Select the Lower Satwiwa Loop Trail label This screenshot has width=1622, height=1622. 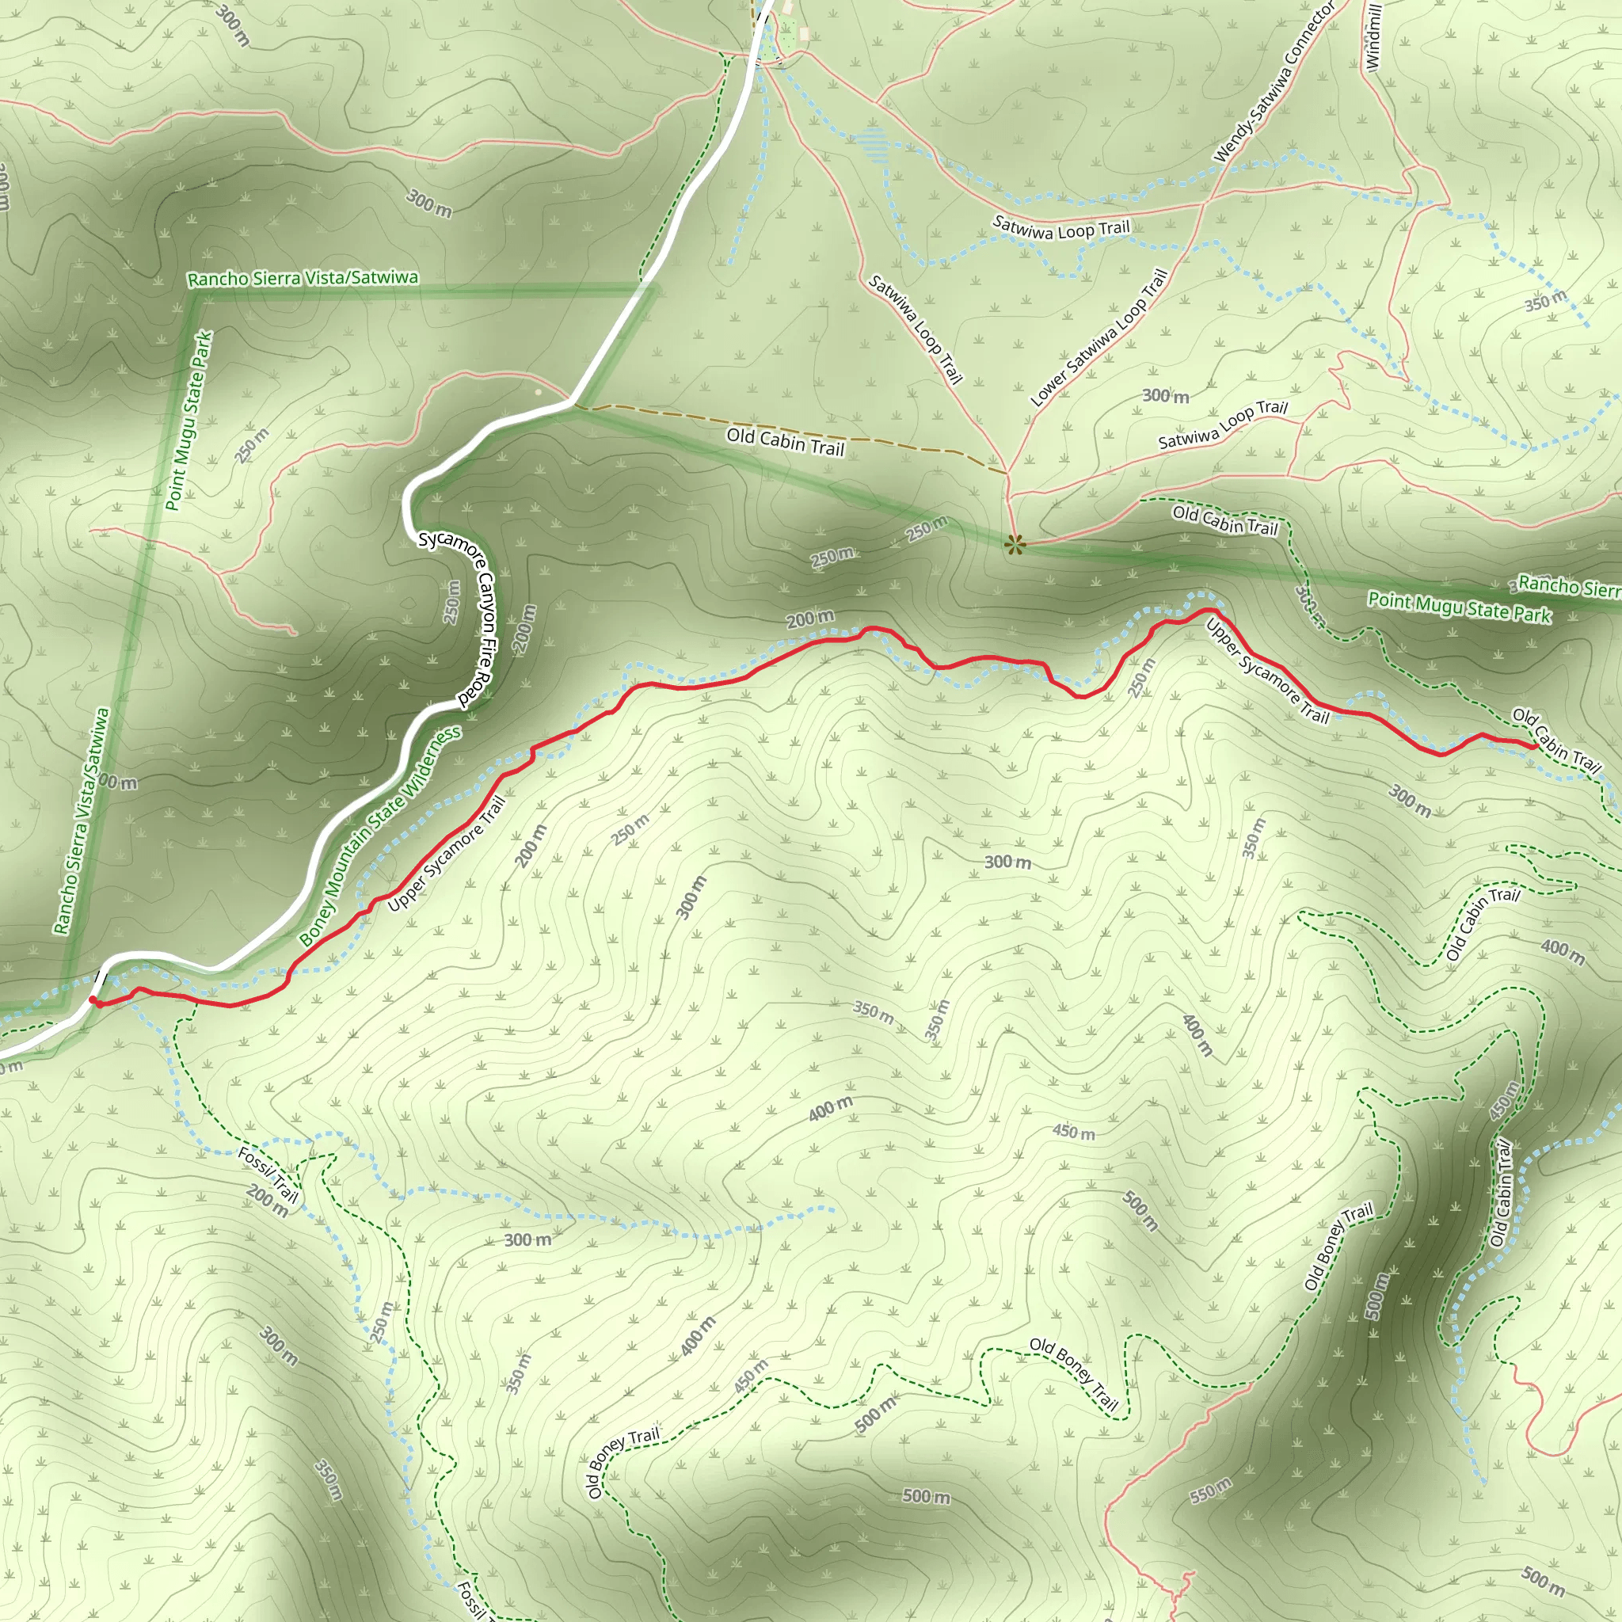[x=1100, y=338]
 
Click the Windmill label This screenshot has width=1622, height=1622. [x=1373, y=37]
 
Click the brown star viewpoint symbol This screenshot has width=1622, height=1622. [x=1015, y=545]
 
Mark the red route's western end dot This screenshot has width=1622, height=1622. [x=93, y=1000]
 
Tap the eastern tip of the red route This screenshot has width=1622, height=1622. [x=1536, y=745]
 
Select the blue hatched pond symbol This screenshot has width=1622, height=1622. [x=872, y=144]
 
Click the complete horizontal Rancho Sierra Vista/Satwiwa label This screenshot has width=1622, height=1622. [x=303, y=278]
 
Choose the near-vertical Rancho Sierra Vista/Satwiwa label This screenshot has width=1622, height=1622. [x=82, y=821]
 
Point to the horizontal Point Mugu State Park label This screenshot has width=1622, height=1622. [x=1459, y=606]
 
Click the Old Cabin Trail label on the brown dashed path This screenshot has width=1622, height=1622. [x=785, y=442]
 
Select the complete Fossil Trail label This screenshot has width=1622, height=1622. [x=268, y=1173]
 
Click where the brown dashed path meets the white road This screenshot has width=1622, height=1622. [x=573, y=406]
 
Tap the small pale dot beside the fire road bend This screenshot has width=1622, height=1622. [x=538, y=391]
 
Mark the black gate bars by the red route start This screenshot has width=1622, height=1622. [x=98, y=977]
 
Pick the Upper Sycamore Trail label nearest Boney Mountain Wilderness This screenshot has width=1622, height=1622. [x=447, y=854]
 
